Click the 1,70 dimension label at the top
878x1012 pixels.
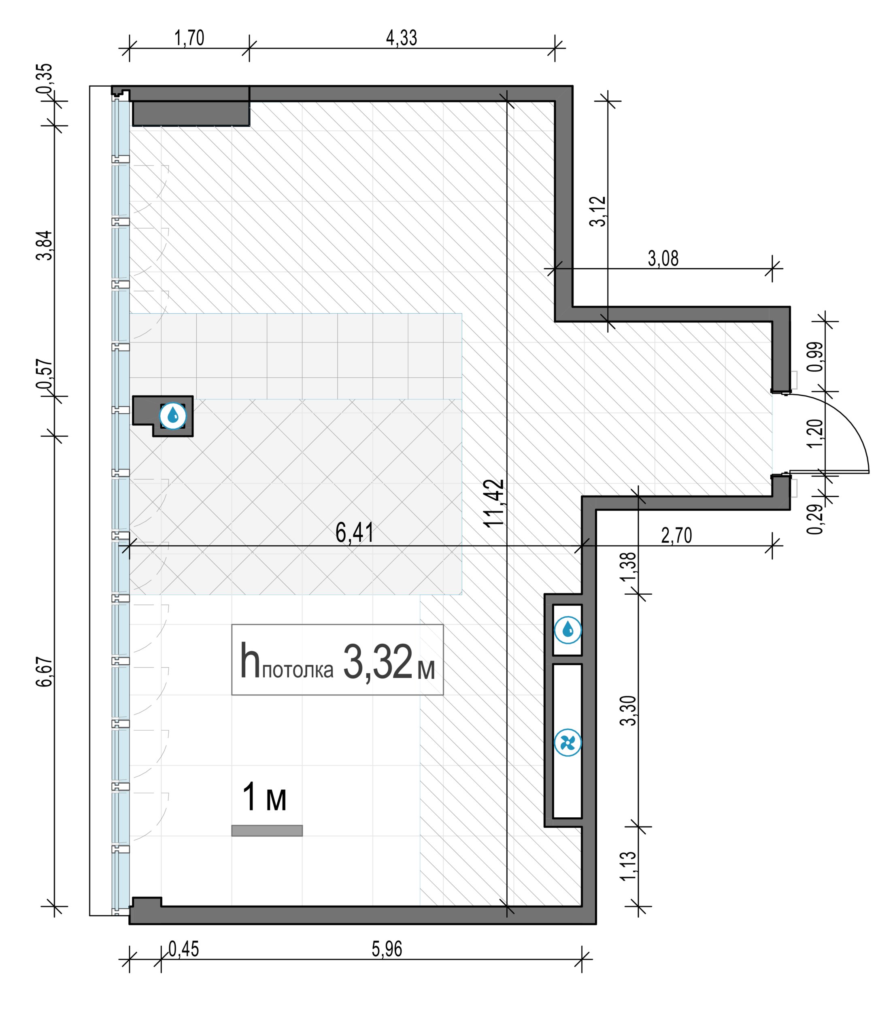pyautogui.click(x=189, y=38)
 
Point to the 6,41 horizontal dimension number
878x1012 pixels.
pyautogui.click(x=355, y=532)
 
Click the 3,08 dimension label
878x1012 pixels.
pyautogui.click(x=663, y=258)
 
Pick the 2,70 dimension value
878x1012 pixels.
pyautogui.click(x=677, y=536)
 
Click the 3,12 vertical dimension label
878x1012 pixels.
pyautogui.click(x=598, y=211)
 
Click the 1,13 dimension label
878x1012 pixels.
pyautogui.click(x=628, y=865)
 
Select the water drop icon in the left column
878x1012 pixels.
pyautogui.click(x=173, y=416)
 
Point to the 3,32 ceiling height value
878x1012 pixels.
pyautogui.click(x=378, y=662)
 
